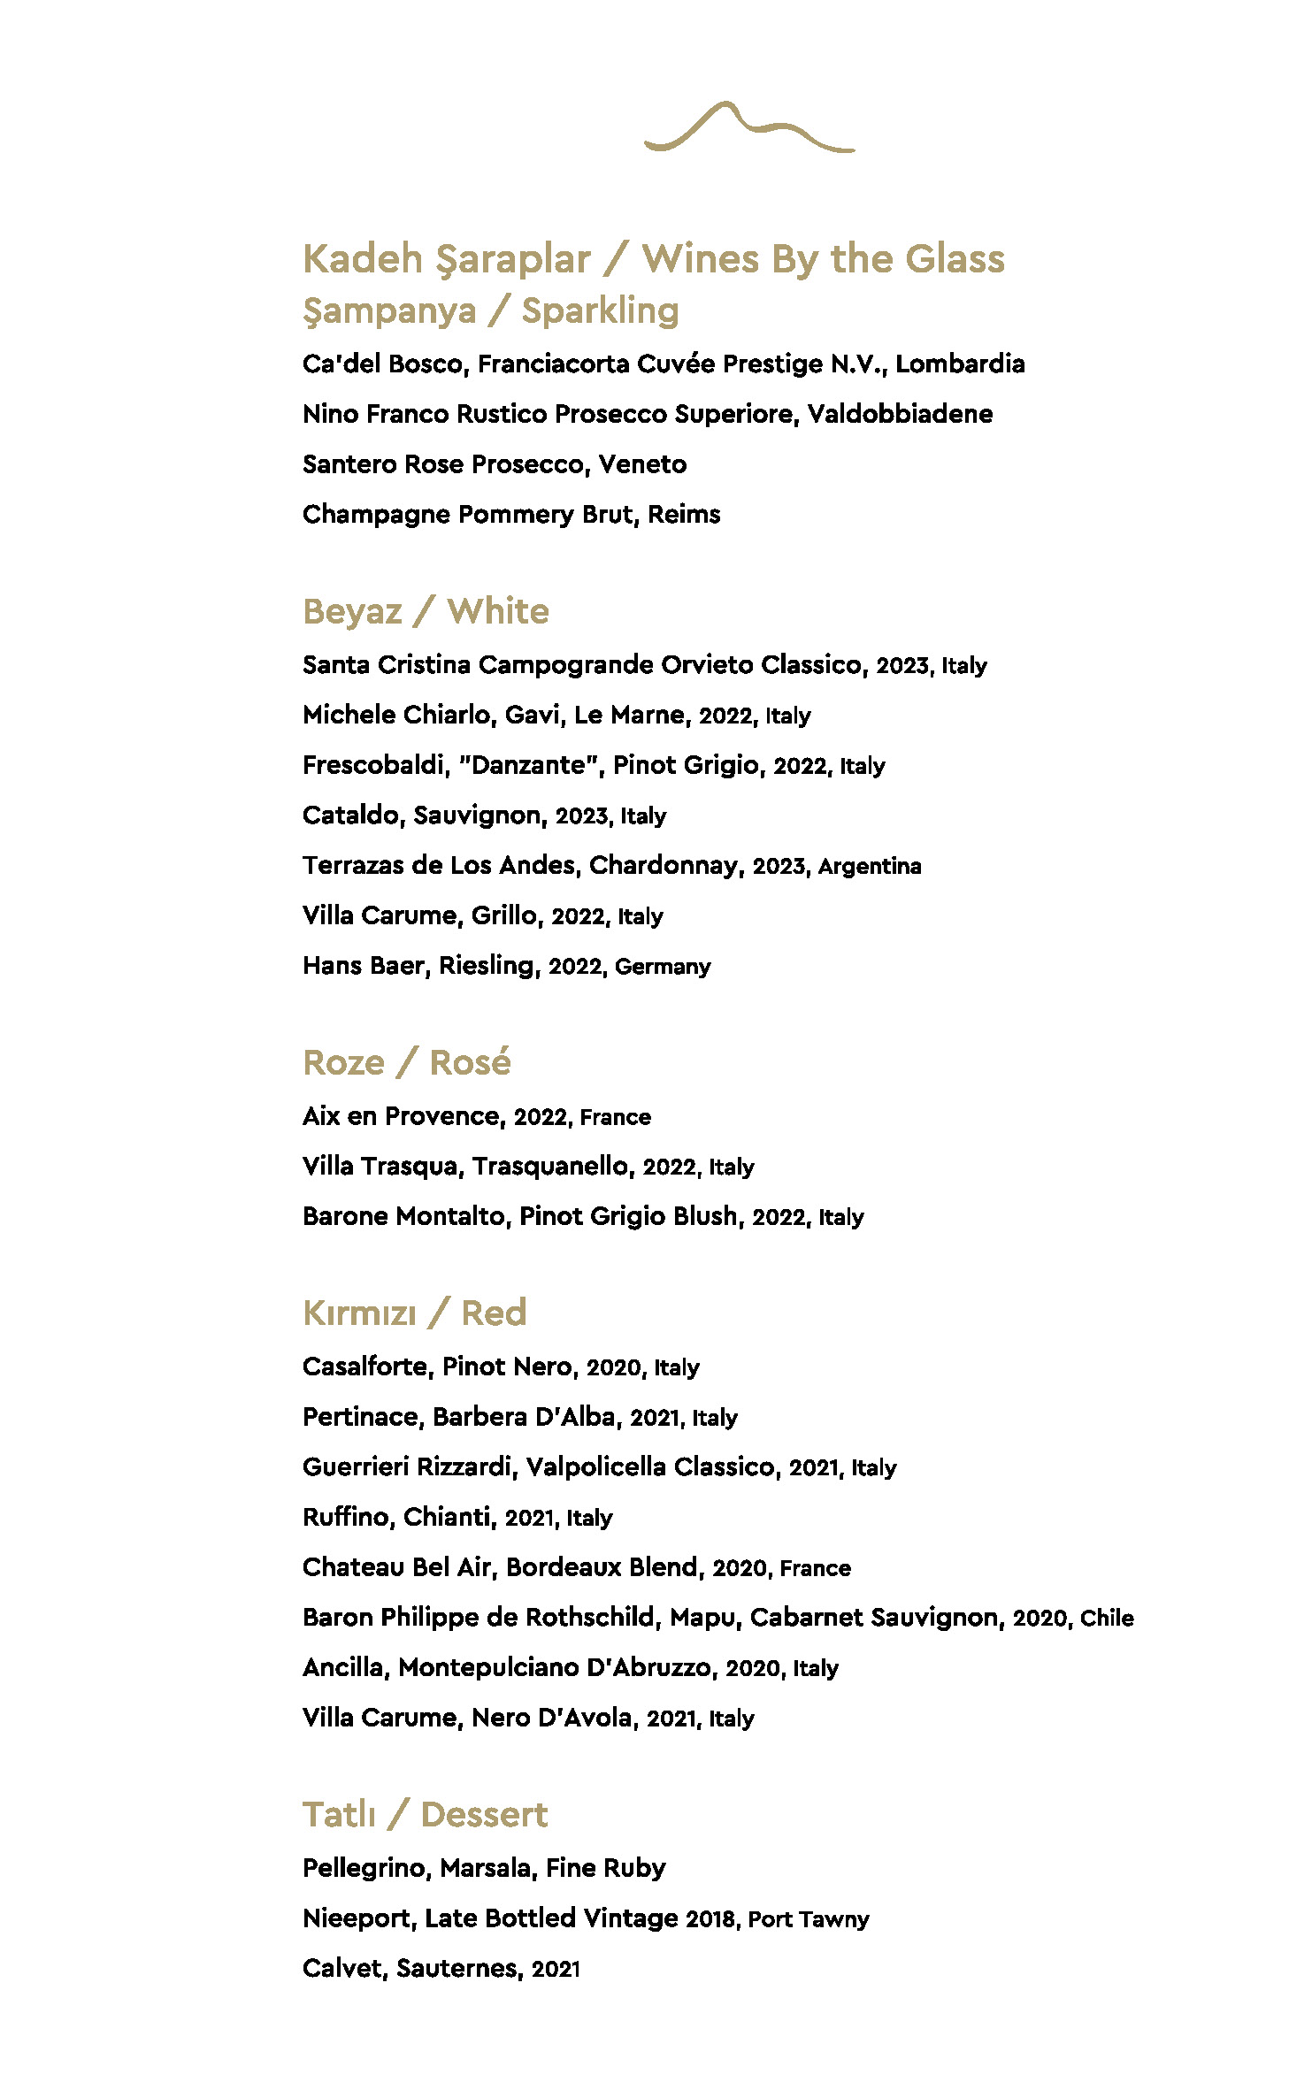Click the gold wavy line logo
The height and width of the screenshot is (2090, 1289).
(748, 128)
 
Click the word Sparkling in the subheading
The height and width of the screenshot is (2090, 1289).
(600, 311)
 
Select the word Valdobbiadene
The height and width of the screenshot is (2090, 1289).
(900, 415)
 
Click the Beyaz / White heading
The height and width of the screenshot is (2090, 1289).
(426, 612)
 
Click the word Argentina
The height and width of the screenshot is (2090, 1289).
(870, 867)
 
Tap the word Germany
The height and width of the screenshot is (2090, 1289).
(663, 967)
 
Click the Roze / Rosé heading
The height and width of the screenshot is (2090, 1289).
(406, 1062)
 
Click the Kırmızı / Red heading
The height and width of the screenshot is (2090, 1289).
(414, 1313)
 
